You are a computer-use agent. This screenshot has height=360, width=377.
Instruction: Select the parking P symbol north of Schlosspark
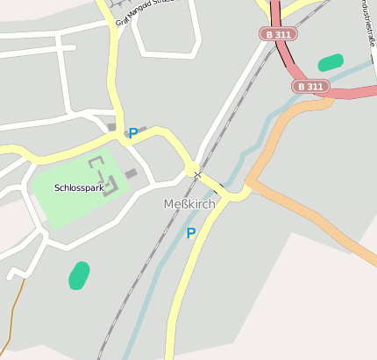(x=133, y=133)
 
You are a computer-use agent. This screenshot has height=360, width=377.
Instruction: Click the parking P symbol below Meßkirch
(x=190, y=234)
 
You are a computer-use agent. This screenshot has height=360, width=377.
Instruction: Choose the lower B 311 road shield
(x=310, y=87)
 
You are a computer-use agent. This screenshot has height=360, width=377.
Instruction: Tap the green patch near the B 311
(x=331, y=62)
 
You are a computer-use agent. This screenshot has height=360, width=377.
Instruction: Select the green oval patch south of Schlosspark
(x=79, y=275)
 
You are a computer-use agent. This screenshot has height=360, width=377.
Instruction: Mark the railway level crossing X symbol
(x=197, y=175)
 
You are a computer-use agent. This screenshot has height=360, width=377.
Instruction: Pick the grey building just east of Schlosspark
(x=131, y=173)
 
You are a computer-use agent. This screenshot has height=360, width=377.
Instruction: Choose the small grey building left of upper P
(x=111, y=128)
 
